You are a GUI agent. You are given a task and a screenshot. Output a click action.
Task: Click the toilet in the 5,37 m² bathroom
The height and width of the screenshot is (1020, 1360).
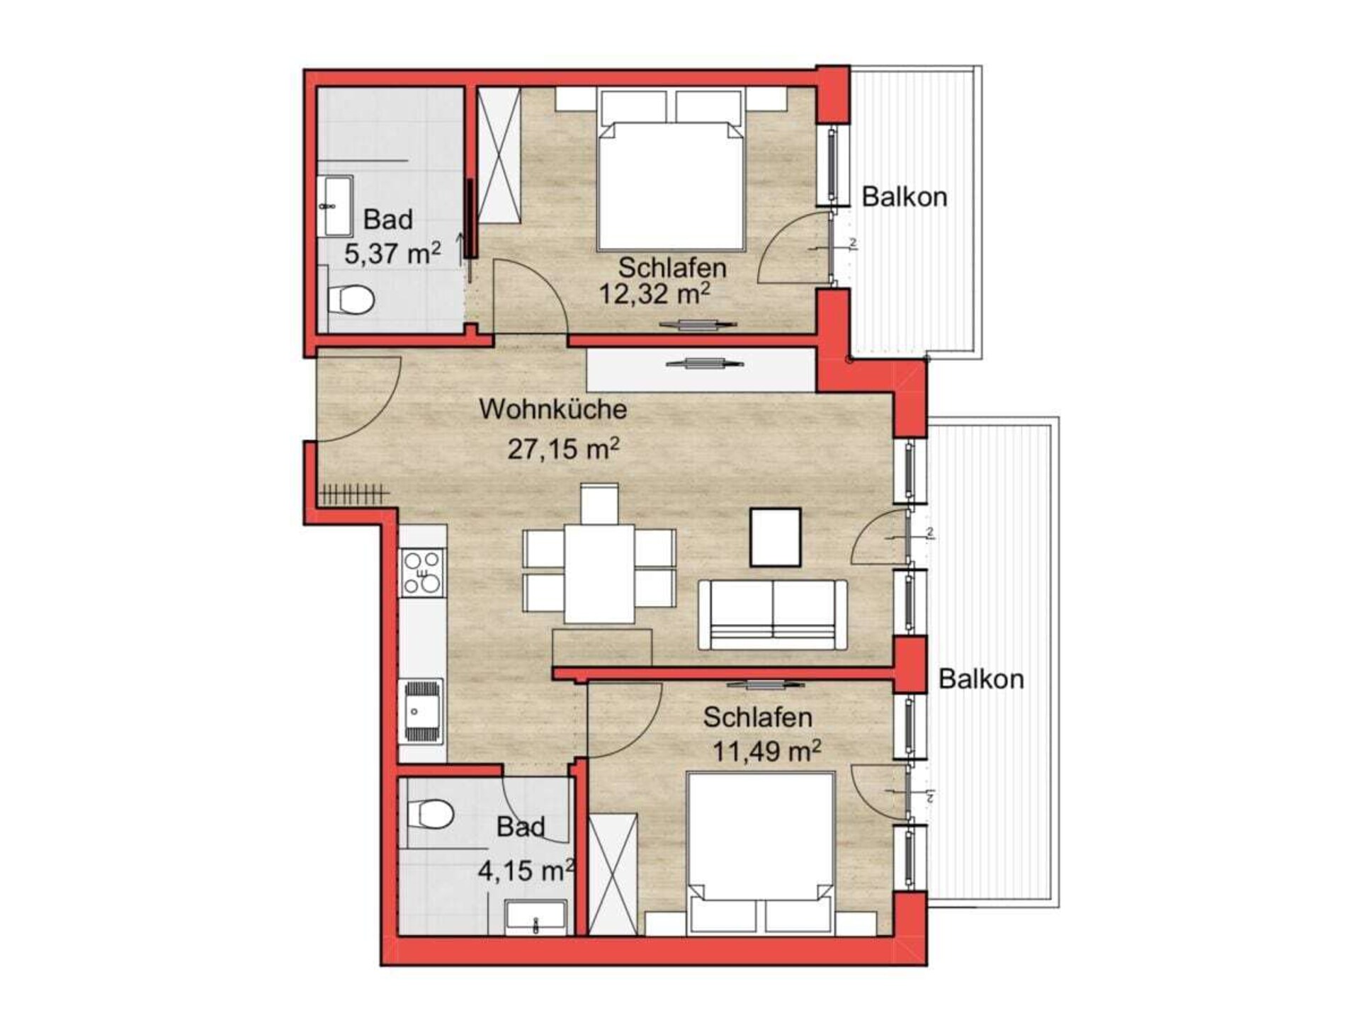coord(351,299)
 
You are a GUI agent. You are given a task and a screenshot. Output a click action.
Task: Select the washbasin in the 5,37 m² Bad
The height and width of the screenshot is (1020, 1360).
coord(338,206)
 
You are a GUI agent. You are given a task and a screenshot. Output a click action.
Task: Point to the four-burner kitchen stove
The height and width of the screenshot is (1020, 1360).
coord(422,572)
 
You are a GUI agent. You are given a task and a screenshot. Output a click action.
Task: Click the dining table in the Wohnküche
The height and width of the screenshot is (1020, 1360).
coord(599,574)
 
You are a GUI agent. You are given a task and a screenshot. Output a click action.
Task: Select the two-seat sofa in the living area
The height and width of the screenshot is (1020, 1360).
coord(773,614)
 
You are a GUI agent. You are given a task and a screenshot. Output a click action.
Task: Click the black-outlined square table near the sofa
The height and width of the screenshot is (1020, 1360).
coord(776,537)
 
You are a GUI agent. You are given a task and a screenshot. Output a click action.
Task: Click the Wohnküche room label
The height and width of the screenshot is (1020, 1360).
coord(553,409)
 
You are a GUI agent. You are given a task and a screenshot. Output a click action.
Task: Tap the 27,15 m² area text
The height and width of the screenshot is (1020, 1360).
coord(564,448)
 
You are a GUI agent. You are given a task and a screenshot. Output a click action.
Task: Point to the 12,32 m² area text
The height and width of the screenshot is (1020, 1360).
coord(655,293)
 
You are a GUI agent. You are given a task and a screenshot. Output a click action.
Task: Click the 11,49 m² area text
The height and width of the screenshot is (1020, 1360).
coord(766,749)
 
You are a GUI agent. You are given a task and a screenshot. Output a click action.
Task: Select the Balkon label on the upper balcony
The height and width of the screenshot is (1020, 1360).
coord(905,196)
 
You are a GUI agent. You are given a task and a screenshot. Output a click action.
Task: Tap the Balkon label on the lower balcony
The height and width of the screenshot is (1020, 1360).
coord(981,679)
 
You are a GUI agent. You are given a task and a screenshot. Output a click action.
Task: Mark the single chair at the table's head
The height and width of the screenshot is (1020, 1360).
coord(599,504)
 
